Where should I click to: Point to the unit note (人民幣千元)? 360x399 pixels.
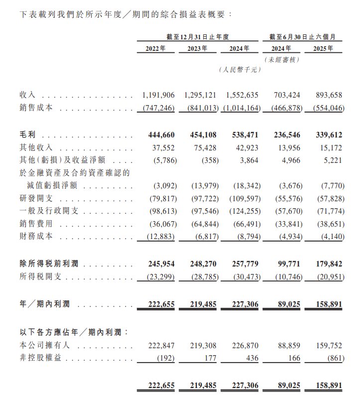[240, 70]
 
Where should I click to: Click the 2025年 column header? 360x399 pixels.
[327, 48]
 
